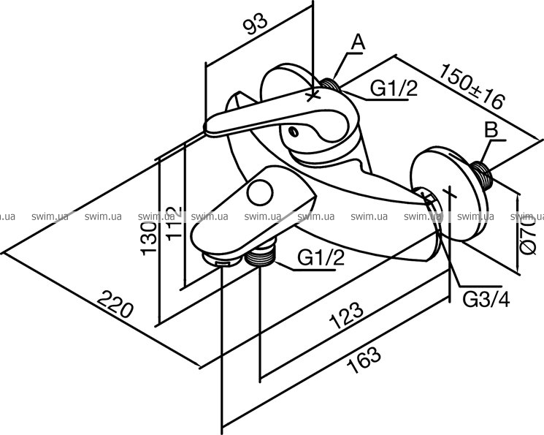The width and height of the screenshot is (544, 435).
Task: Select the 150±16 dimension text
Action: (x=472, y=87)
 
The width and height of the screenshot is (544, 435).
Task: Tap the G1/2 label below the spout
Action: (x=321, y=257)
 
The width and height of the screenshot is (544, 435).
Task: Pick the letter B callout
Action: (x=491, y=132)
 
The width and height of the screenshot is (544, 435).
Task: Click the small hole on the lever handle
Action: (x=293, y=132)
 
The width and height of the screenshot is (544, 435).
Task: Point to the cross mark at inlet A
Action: (x=315, y=94)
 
